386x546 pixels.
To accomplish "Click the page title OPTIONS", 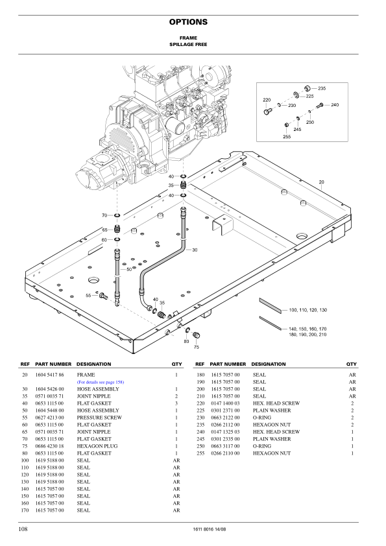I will [188, 22].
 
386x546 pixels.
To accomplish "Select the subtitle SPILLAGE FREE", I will [188, 46].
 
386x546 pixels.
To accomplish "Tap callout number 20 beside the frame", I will [321, 182].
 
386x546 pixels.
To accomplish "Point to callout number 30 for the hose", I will [194, 250].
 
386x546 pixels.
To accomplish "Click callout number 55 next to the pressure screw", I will [89, 296].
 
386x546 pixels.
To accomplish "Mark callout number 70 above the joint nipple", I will [104, 215].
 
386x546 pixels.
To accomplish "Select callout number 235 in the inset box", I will [322, 88].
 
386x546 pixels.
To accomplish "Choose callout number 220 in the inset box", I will [266, 100].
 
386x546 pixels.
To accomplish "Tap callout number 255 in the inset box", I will [287, 137].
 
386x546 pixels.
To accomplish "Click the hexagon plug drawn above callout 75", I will [197, 335].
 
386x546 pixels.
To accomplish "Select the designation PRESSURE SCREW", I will [99, 418].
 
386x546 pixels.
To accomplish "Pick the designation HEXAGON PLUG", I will [99, 446].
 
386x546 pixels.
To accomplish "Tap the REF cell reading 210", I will [200, 396].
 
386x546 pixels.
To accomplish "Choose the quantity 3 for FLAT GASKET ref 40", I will [176, 404].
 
